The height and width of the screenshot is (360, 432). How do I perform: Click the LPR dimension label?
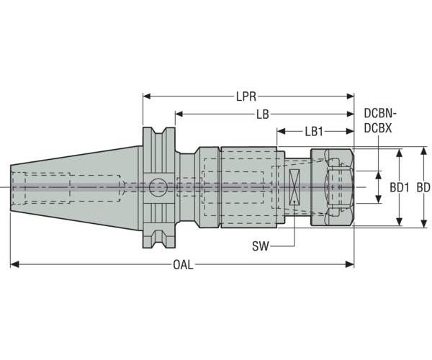pyautogui.click(x=247, y=95)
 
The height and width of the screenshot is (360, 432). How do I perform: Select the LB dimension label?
pyautogui.click(x=264, y=114)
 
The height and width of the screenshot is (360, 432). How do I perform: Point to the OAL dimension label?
pyautogui.click(x=183, y=265)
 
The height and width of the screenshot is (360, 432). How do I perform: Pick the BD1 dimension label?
pyautogui.click(x=400, y=187)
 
